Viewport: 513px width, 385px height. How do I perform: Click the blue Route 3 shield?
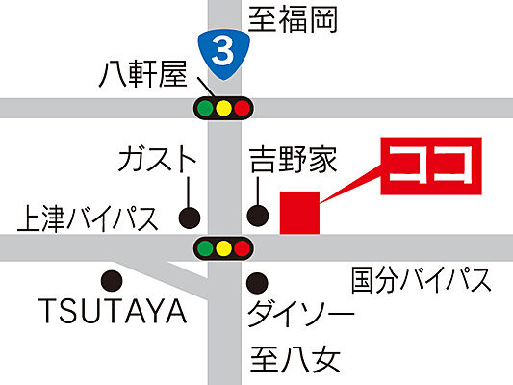point(223,51)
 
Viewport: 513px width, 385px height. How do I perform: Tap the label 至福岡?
point(294,19)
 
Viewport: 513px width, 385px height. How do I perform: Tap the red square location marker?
point(298,213)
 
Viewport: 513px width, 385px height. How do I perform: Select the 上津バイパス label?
point(87,219)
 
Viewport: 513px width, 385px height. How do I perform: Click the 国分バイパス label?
point(422,280)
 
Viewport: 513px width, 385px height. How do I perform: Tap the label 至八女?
point(296,360)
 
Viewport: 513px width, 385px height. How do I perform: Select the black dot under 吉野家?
point(257,216)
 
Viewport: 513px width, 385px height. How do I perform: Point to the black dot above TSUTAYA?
point(112,282)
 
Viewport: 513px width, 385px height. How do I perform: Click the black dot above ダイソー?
point(256,283)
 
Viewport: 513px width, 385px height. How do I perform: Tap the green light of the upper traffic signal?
point(205,108)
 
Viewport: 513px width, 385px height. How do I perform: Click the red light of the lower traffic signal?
point(242,249)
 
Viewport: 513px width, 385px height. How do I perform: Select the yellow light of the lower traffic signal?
point(223,249)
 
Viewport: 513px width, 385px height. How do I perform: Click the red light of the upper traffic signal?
point(242,108)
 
